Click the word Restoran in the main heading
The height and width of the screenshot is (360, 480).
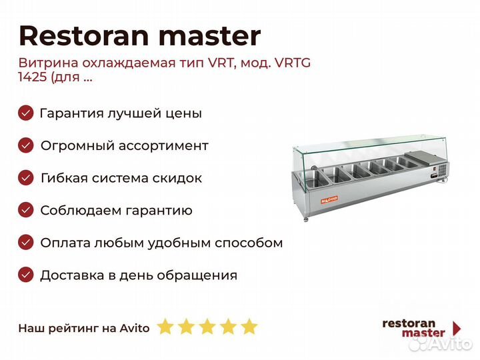[84, 36]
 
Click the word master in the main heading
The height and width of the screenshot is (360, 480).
[210, 37]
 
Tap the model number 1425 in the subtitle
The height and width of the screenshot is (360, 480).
[32, 77]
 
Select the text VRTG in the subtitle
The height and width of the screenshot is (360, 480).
[293, 63]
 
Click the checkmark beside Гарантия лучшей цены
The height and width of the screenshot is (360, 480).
[26, 113]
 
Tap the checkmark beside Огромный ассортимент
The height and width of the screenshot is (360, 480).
[26, 145]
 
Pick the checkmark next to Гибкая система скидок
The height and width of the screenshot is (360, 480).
[26, 178]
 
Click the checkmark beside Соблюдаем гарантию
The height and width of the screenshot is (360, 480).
[26, 210]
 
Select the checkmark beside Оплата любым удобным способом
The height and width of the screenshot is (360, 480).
[26, 243]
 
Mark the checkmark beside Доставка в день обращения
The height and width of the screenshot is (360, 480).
[26, 275]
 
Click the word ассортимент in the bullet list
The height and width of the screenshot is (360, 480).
[163, 146]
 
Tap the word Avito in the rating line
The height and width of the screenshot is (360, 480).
[135, 328]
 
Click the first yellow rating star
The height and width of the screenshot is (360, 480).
[165, 326]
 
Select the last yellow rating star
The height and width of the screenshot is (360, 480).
[249, 326]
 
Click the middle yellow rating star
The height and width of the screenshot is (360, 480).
[207, 326]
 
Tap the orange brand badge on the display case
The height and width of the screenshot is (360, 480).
[329, 199]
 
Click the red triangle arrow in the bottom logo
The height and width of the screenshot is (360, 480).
[457, 328]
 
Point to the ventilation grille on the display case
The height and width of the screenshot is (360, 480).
[443, 170]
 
